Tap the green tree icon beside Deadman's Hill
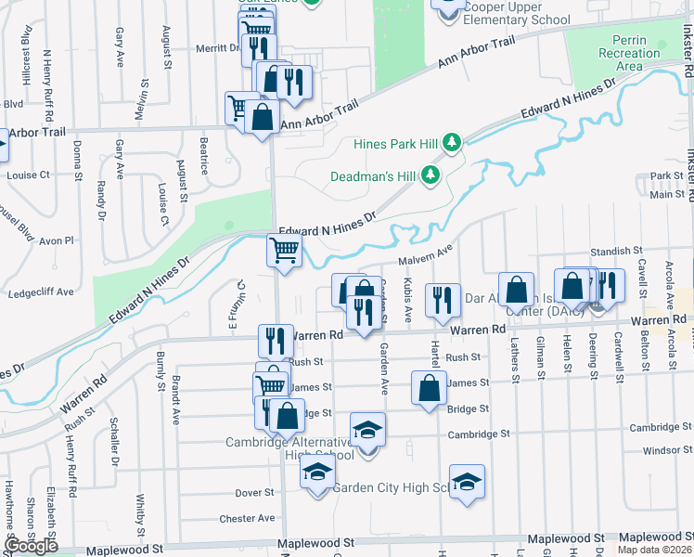(430, 175)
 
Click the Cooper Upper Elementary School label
(502, 13)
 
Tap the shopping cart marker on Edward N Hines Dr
(283, 249)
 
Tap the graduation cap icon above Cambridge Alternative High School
(367, 430)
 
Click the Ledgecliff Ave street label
(40, 291)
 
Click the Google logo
(31, 546)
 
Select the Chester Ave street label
(248, 518)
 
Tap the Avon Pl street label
(56, 240)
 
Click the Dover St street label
(253, 493)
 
